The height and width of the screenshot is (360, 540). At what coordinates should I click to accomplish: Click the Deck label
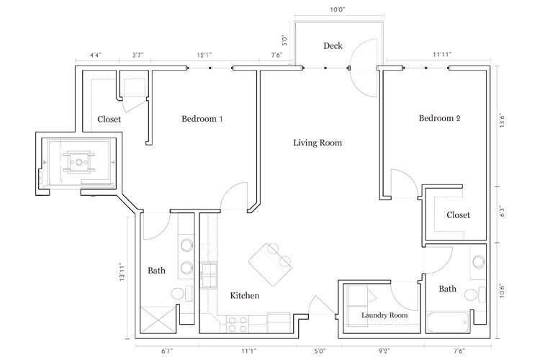(x=333, y=46)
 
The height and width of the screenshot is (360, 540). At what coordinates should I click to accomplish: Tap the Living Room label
(x=317, y=143)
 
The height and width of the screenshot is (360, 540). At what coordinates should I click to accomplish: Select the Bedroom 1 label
(x=202, y=119)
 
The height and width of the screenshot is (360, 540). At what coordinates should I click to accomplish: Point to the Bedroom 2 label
(x=439, y=119)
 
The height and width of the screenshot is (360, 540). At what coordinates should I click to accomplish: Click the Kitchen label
(x=244, y=296)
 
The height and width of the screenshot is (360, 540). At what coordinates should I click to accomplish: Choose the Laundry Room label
(x=384, y=315)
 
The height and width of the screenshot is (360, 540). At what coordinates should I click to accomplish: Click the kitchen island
(x=270, y=262)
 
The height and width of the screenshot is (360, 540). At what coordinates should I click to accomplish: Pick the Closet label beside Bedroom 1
(x=109, y=120)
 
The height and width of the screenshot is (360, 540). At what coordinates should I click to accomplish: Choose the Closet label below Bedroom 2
(x=458, y=215)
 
